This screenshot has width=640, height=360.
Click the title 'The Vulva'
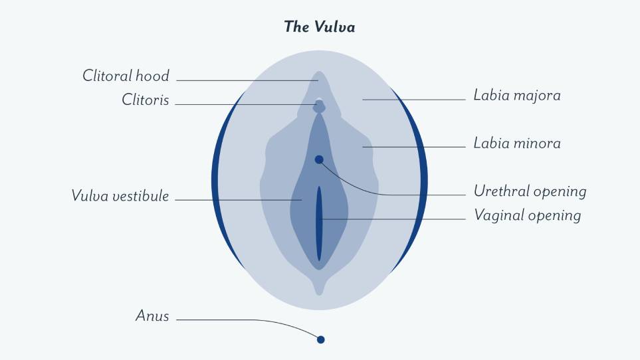coord(320,27)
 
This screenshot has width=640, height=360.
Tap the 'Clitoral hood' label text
coord(126,76)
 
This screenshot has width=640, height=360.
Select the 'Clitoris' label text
coord(146,100)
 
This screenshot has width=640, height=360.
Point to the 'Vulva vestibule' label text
coord(120,196)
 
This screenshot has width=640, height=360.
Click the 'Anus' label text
coord(152,315)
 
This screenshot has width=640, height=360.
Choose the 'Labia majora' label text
coord(517,96)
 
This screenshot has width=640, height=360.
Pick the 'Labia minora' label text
coord(517,143)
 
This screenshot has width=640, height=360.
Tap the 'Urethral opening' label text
coord(530,191)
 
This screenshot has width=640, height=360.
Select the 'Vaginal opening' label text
coord(527,216)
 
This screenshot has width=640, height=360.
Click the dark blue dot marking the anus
coord(321,339)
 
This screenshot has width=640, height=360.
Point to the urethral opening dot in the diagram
coord(319,159)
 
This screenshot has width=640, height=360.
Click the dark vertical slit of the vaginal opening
coord(319,223)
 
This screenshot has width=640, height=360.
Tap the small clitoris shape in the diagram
coord(319,106)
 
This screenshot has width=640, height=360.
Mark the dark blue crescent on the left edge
coord(215,179)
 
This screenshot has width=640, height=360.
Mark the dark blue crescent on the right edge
coord(423,179)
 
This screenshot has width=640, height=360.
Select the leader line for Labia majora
coord(414,100)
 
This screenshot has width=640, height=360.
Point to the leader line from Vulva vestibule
coord(239,200)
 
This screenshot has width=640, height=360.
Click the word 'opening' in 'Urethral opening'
coord(560,193)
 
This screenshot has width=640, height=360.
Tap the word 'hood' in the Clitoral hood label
coord(152,76)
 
